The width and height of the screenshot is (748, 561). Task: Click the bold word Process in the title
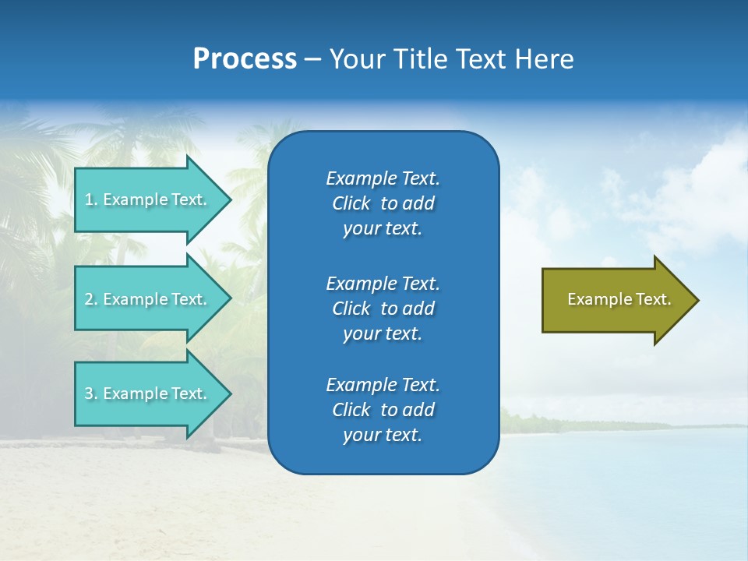[245, 59]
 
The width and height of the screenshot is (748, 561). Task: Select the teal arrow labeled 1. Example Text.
[148, 199]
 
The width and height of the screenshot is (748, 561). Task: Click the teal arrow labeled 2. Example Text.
[148, 299]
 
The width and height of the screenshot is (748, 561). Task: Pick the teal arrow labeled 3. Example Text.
[148, 393]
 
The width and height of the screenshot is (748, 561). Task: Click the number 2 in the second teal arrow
[90, 299]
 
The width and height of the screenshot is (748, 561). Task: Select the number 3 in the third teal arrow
[90, 393]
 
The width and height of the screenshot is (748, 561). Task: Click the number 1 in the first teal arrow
[90, 199]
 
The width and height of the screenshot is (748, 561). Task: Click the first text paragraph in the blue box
[383, 203]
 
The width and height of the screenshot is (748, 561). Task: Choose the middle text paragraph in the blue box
[383, 309]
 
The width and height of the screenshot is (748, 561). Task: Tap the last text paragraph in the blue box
[383, 410]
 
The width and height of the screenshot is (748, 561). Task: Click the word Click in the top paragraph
[351, 203]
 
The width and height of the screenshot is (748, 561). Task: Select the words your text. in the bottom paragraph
[383, 435]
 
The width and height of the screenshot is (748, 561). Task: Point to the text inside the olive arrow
[619, 299]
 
